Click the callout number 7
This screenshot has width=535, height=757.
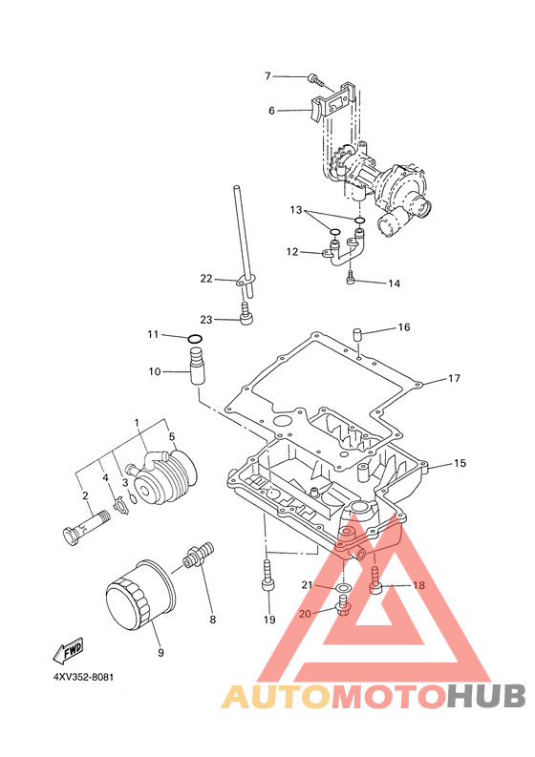point(267,75)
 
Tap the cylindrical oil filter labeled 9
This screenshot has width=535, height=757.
point(140,596)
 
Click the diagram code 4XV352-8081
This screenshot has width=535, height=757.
point(83,677)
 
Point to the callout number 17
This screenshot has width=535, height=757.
point(454,378)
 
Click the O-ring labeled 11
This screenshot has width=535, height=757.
point(194,339)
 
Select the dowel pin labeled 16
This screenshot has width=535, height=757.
point(357,333)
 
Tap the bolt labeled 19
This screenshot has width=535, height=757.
point(268,575)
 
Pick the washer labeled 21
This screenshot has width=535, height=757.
point(343,587)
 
